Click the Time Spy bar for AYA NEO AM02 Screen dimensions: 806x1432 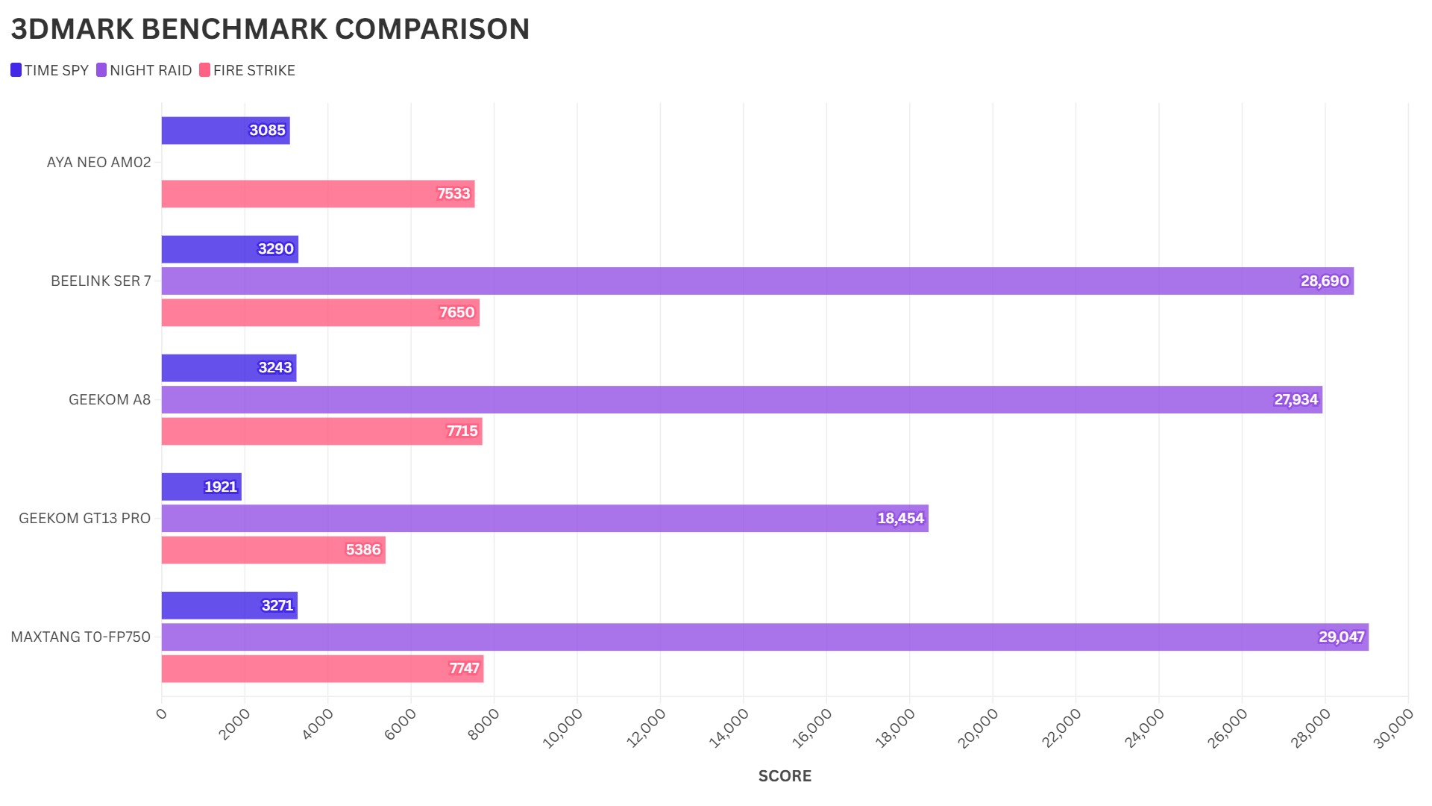tap(225, 131)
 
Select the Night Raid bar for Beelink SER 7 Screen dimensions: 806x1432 tap(757, 281)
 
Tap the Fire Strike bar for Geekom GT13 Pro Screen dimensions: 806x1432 tap(273, 550)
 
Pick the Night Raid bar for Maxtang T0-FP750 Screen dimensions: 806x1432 tap(764, 637)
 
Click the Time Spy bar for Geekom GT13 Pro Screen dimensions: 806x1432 tap(201, 487)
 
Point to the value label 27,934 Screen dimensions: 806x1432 tap(1296, 399)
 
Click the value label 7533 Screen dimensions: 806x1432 tap(453, 194)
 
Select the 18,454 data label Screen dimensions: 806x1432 tap(900, 518)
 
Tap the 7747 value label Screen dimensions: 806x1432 tap(464, 668)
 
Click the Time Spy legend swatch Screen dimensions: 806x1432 tap(16, 70)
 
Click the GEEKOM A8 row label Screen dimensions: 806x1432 tap(110, 399)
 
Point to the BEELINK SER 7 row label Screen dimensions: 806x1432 tap(101, 281)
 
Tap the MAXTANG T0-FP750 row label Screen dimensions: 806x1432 tap(81, 637)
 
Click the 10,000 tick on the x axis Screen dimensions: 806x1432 tap(564, 728)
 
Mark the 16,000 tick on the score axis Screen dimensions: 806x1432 tap(813, 728)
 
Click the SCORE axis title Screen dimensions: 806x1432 tap(785, 776)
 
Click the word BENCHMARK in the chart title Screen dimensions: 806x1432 tap(233, 29)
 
